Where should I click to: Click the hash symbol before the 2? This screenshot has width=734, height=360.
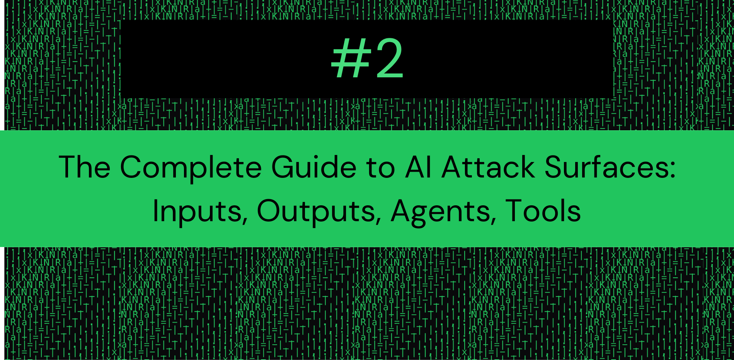pyautogui.click(x=350, y=59)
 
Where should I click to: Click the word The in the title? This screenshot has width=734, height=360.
pyautogui.click(x=85, y=167)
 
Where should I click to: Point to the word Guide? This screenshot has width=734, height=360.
pyautogui.click(x=314, y=167)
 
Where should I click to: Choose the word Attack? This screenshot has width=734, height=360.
pyautogui.click(x=488, y=167)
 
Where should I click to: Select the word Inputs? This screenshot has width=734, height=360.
pyautogui.click(x=197, y=212)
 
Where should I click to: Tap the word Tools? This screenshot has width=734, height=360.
pyautogui.click(x=543, y=211)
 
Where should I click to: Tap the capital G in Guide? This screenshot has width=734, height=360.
pyautogui.click(x=283, y=167)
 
